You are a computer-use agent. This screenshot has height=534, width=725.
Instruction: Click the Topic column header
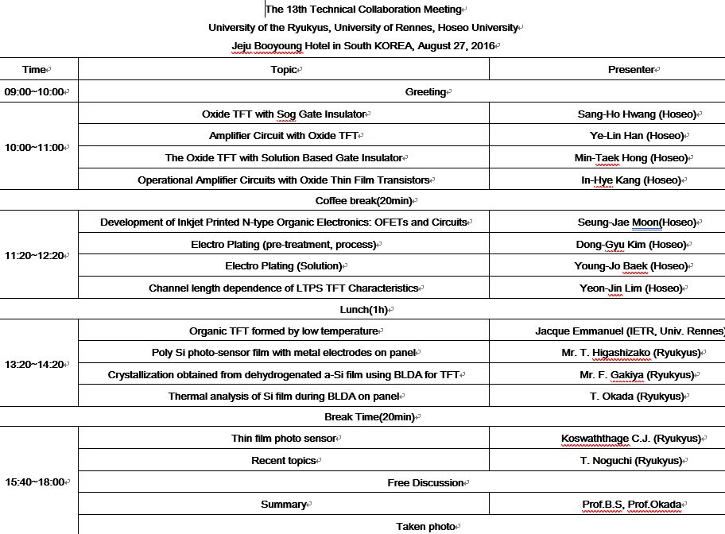pos(283,69)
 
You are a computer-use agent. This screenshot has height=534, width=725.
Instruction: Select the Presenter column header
pos(630,69)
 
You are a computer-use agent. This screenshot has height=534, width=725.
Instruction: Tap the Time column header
pos(34,69)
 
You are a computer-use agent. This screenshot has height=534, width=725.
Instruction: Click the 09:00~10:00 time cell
pos(36,91)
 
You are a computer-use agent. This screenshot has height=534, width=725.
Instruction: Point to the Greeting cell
pos(425,91)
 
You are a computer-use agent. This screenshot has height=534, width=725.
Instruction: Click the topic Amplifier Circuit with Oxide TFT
pos(284,136)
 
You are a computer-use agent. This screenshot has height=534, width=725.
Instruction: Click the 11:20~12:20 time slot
pos(36,255)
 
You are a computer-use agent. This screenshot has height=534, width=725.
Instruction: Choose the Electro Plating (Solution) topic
pos(284,265)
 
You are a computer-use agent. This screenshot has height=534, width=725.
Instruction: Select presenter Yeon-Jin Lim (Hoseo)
pos(631,288)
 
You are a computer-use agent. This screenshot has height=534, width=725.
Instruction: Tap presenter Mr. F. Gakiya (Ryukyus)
pos(637,374)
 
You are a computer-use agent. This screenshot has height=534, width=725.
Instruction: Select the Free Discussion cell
pos(425,482)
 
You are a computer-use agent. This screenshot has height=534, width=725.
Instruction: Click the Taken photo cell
pos(425,526)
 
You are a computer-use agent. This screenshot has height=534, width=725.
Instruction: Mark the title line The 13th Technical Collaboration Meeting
pos(363,10)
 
